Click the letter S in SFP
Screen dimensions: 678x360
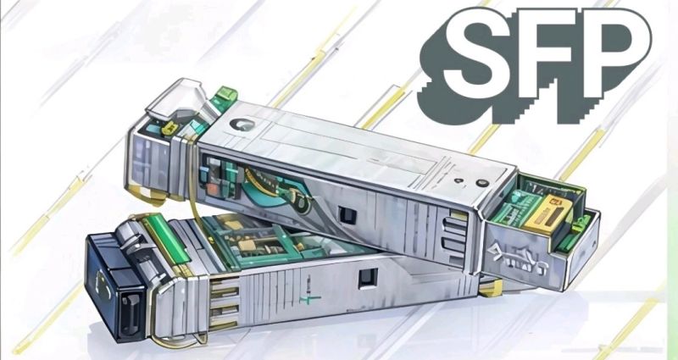tap(478, 53)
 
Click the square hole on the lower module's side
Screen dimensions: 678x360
tap(369, 279)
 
